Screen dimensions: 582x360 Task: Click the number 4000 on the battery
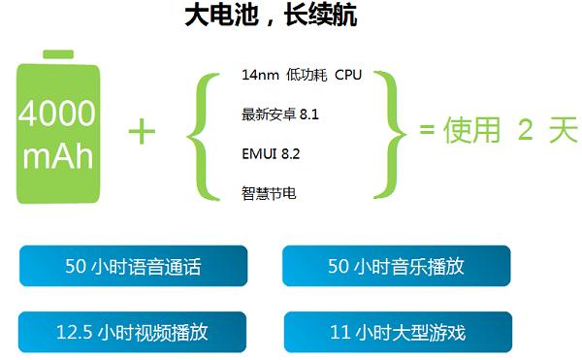(57, 115)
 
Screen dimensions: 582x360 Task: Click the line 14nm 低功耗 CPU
(301, 75)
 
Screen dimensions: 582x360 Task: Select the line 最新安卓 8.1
(280, 115)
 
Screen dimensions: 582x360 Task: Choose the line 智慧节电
(269, 192)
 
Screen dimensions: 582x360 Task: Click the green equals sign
(426, 132)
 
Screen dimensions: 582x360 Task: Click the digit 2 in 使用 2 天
(526, 132)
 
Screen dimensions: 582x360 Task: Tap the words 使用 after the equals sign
(471, 132)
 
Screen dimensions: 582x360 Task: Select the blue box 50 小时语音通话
(133, 267)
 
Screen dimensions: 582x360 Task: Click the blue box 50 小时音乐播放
(396, 267)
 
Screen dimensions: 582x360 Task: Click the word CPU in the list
(347, 75)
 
